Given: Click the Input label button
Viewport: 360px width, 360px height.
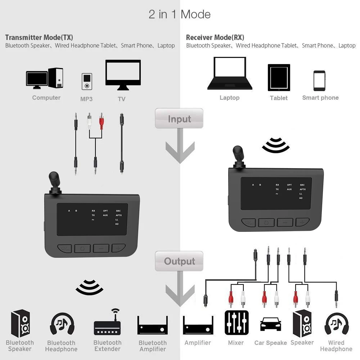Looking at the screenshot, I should pyautogui.click(x=179, y=118).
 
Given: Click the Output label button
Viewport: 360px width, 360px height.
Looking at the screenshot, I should pyautogui.click(x=179, y=261).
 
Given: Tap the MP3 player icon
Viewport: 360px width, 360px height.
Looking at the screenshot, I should pyautogui.click(x=86, y=82).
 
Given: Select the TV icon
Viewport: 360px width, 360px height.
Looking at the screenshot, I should pyautogui.click(x=123, y=75).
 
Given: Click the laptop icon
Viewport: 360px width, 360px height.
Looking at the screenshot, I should pyautogui.click(x=229, y=73).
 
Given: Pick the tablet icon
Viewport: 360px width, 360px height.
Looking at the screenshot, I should pyautogui.click(x=279, y=77).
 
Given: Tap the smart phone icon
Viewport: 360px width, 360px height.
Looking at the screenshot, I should pyautogui.click(x=319, y=81).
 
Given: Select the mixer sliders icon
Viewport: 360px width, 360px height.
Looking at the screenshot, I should pyautogui.click(x=237, y=323).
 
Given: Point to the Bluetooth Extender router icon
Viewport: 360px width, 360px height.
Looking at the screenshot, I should pyautogui.click(x=107, y=324).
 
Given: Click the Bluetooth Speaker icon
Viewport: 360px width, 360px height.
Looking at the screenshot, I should pyautogui.click(x=20, y=323).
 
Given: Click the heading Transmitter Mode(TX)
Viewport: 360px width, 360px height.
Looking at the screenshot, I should pyautogui.click(x=39, y=37).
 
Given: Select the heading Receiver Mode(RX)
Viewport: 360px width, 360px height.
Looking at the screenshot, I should pyautogui.click(x=215, y=37).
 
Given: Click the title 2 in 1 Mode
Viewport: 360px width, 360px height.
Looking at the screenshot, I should pyautogui.click(x=179, y=14).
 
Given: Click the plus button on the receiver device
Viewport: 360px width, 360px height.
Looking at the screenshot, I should pyautogui.click(x=302, y=222).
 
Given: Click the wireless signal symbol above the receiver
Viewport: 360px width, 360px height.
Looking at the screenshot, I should pyautogui.click(x=276, y=145).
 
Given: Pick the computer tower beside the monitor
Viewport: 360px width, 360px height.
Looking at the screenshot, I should pyautogui.click(x=56, y=78).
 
